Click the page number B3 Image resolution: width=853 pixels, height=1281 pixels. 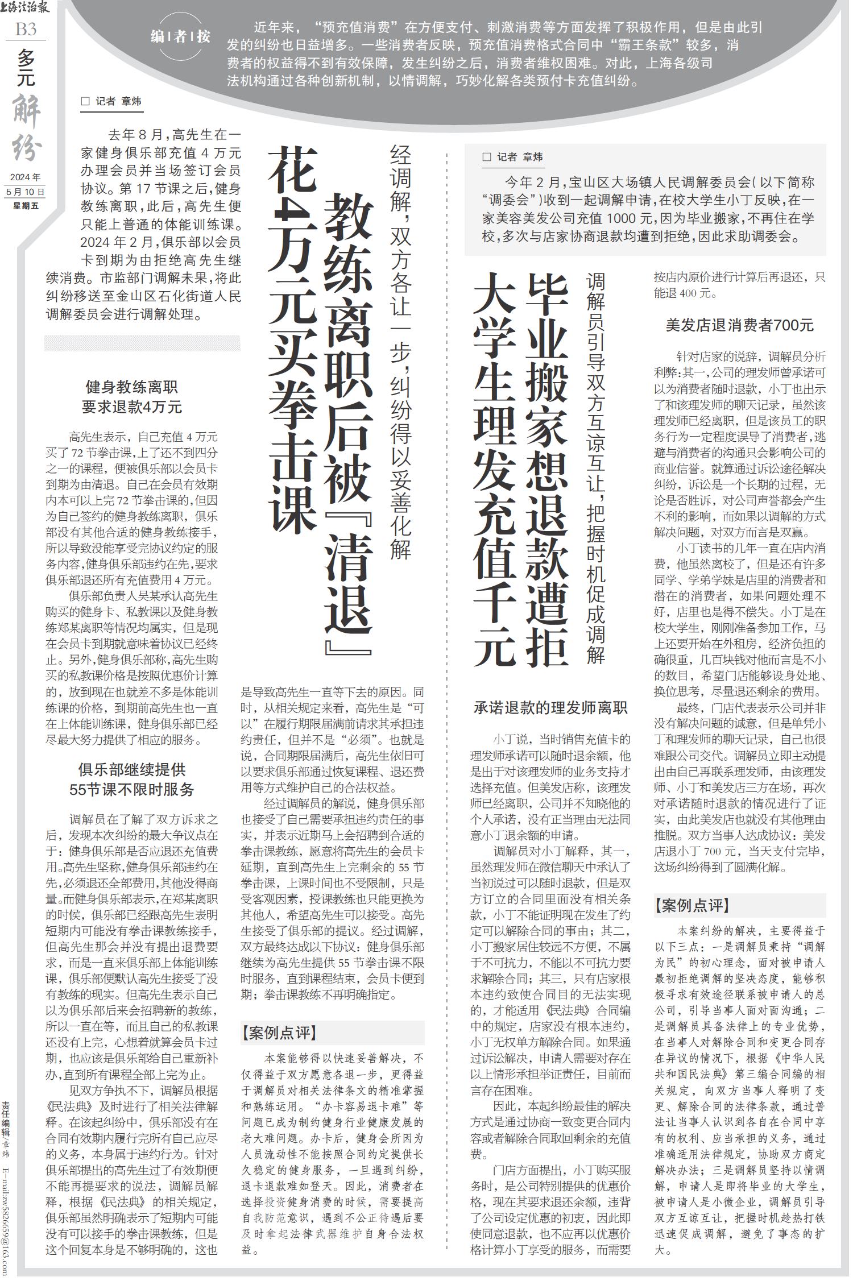coord(26,29)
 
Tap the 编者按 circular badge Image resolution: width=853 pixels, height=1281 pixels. coord(180,38)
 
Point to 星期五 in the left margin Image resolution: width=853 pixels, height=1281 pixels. coord(26,205)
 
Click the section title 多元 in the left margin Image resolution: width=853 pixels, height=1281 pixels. coord(26,68)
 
